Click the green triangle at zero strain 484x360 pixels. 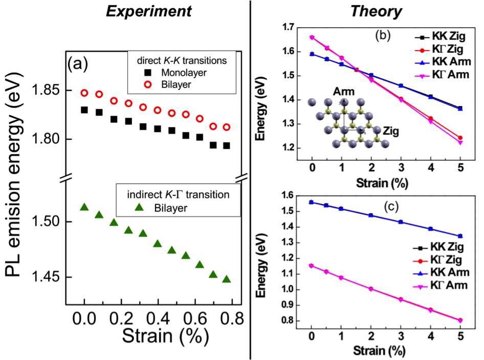[84, 207]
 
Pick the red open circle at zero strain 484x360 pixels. [84, 93]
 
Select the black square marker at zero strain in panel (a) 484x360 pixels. [84, 110]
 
